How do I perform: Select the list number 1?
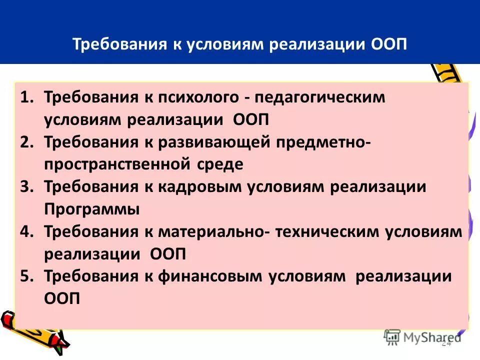point(27,97)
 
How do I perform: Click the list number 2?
point(27,142)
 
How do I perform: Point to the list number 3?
point(27,187)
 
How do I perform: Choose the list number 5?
point(27,276)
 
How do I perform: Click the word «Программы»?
point(92,209)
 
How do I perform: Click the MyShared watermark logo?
point(423,336)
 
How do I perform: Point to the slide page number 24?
point(446,343)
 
